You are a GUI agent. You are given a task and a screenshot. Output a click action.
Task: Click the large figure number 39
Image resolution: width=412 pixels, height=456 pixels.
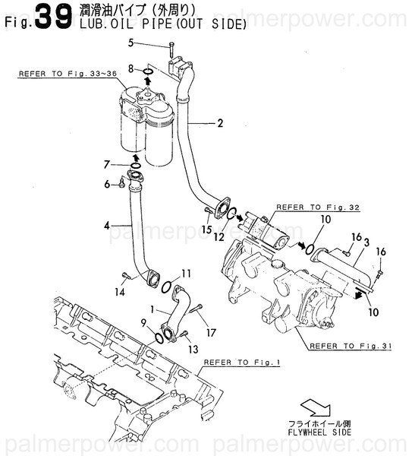(52, 17)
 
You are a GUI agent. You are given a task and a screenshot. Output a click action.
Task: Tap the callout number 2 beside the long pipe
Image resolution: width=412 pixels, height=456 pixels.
(221, 122)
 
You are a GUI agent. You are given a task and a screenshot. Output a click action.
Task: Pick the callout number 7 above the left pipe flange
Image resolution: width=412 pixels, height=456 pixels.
(109, 163)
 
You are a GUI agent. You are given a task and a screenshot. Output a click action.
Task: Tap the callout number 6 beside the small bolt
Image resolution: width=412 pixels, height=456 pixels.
(109, 183)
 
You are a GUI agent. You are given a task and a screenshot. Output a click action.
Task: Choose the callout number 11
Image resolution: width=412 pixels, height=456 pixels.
(186, 273)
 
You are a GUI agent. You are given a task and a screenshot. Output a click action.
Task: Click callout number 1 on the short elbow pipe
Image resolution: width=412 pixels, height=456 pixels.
(153, 311)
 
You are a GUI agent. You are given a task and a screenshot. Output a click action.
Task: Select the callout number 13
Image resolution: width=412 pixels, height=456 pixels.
(193, 349)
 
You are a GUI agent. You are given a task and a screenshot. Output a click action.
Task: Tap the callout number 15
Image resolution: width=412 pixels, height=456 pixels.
(206, 229)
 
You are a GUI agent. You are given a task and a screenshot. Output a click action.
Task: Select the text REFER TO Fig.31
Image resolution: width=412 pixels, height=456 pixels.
(350, 346)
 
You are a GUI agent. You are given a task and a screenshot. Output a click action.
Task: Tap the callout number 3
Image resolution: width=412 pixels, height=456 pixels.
(366, 242)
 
